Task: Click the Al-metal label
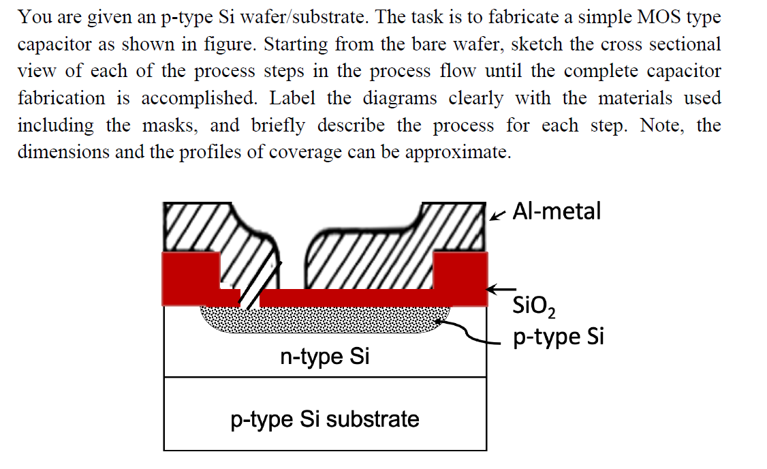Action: (557, 211)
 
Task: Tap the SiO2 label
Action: (533, 307)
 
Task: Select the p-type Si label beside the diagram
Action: (558, 337)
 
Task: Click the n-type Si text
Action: (324, 356)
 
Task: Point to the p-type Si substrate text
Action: (325, 419)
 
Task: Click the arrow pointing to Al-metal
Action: (497, 215)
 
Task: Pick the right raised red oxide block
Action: (460, 279)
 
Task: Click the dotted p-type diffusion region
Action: (325, 319)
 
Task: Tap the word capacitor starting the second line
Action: (54, 45)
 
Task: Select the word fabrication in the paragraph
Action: (61, 98)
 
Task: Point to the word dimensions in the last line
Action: (63, 152)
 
